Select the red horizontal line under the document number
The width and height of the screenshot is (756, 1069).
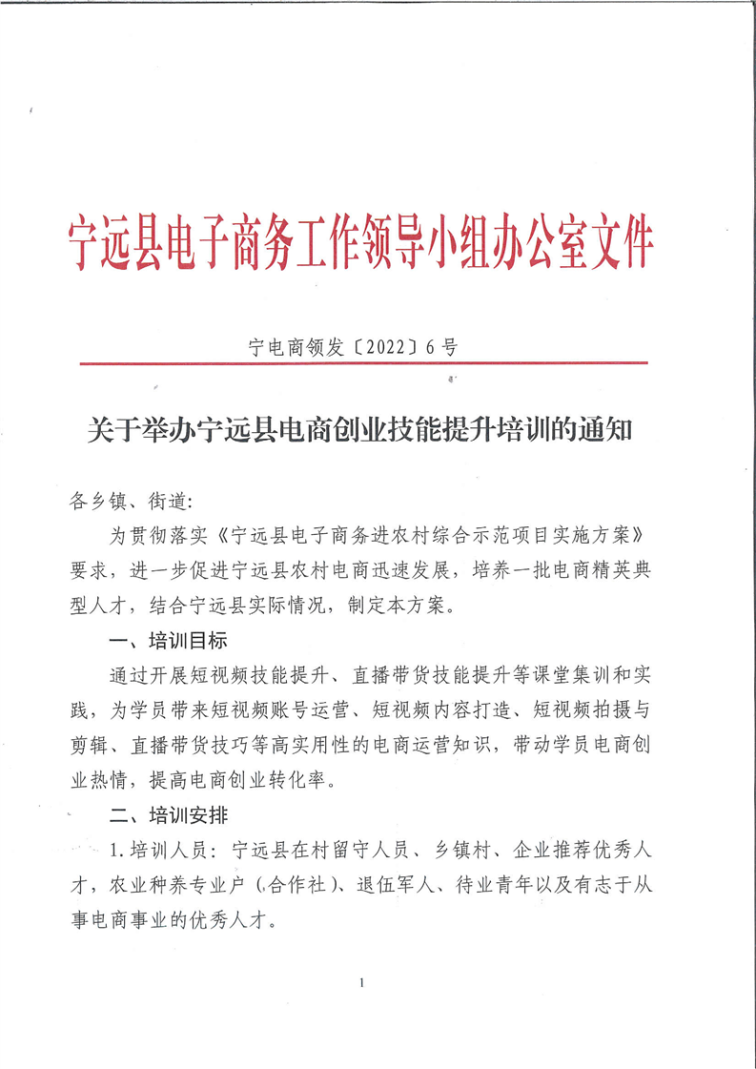pos(363,363)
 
